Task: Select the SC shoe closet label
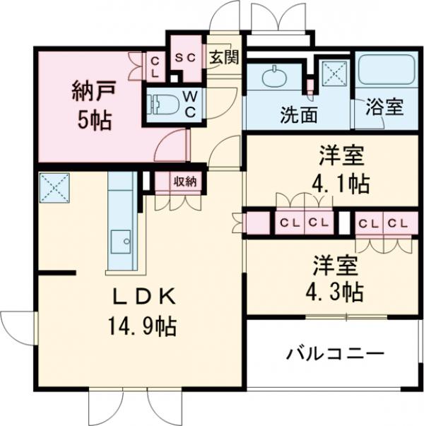click(x=184, y=58)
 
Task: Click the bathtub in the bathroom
click(x=386, y=71)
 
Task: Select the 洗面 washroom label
click(x=298, y=112)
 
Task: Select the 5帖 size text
click(x=93, y=119)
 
